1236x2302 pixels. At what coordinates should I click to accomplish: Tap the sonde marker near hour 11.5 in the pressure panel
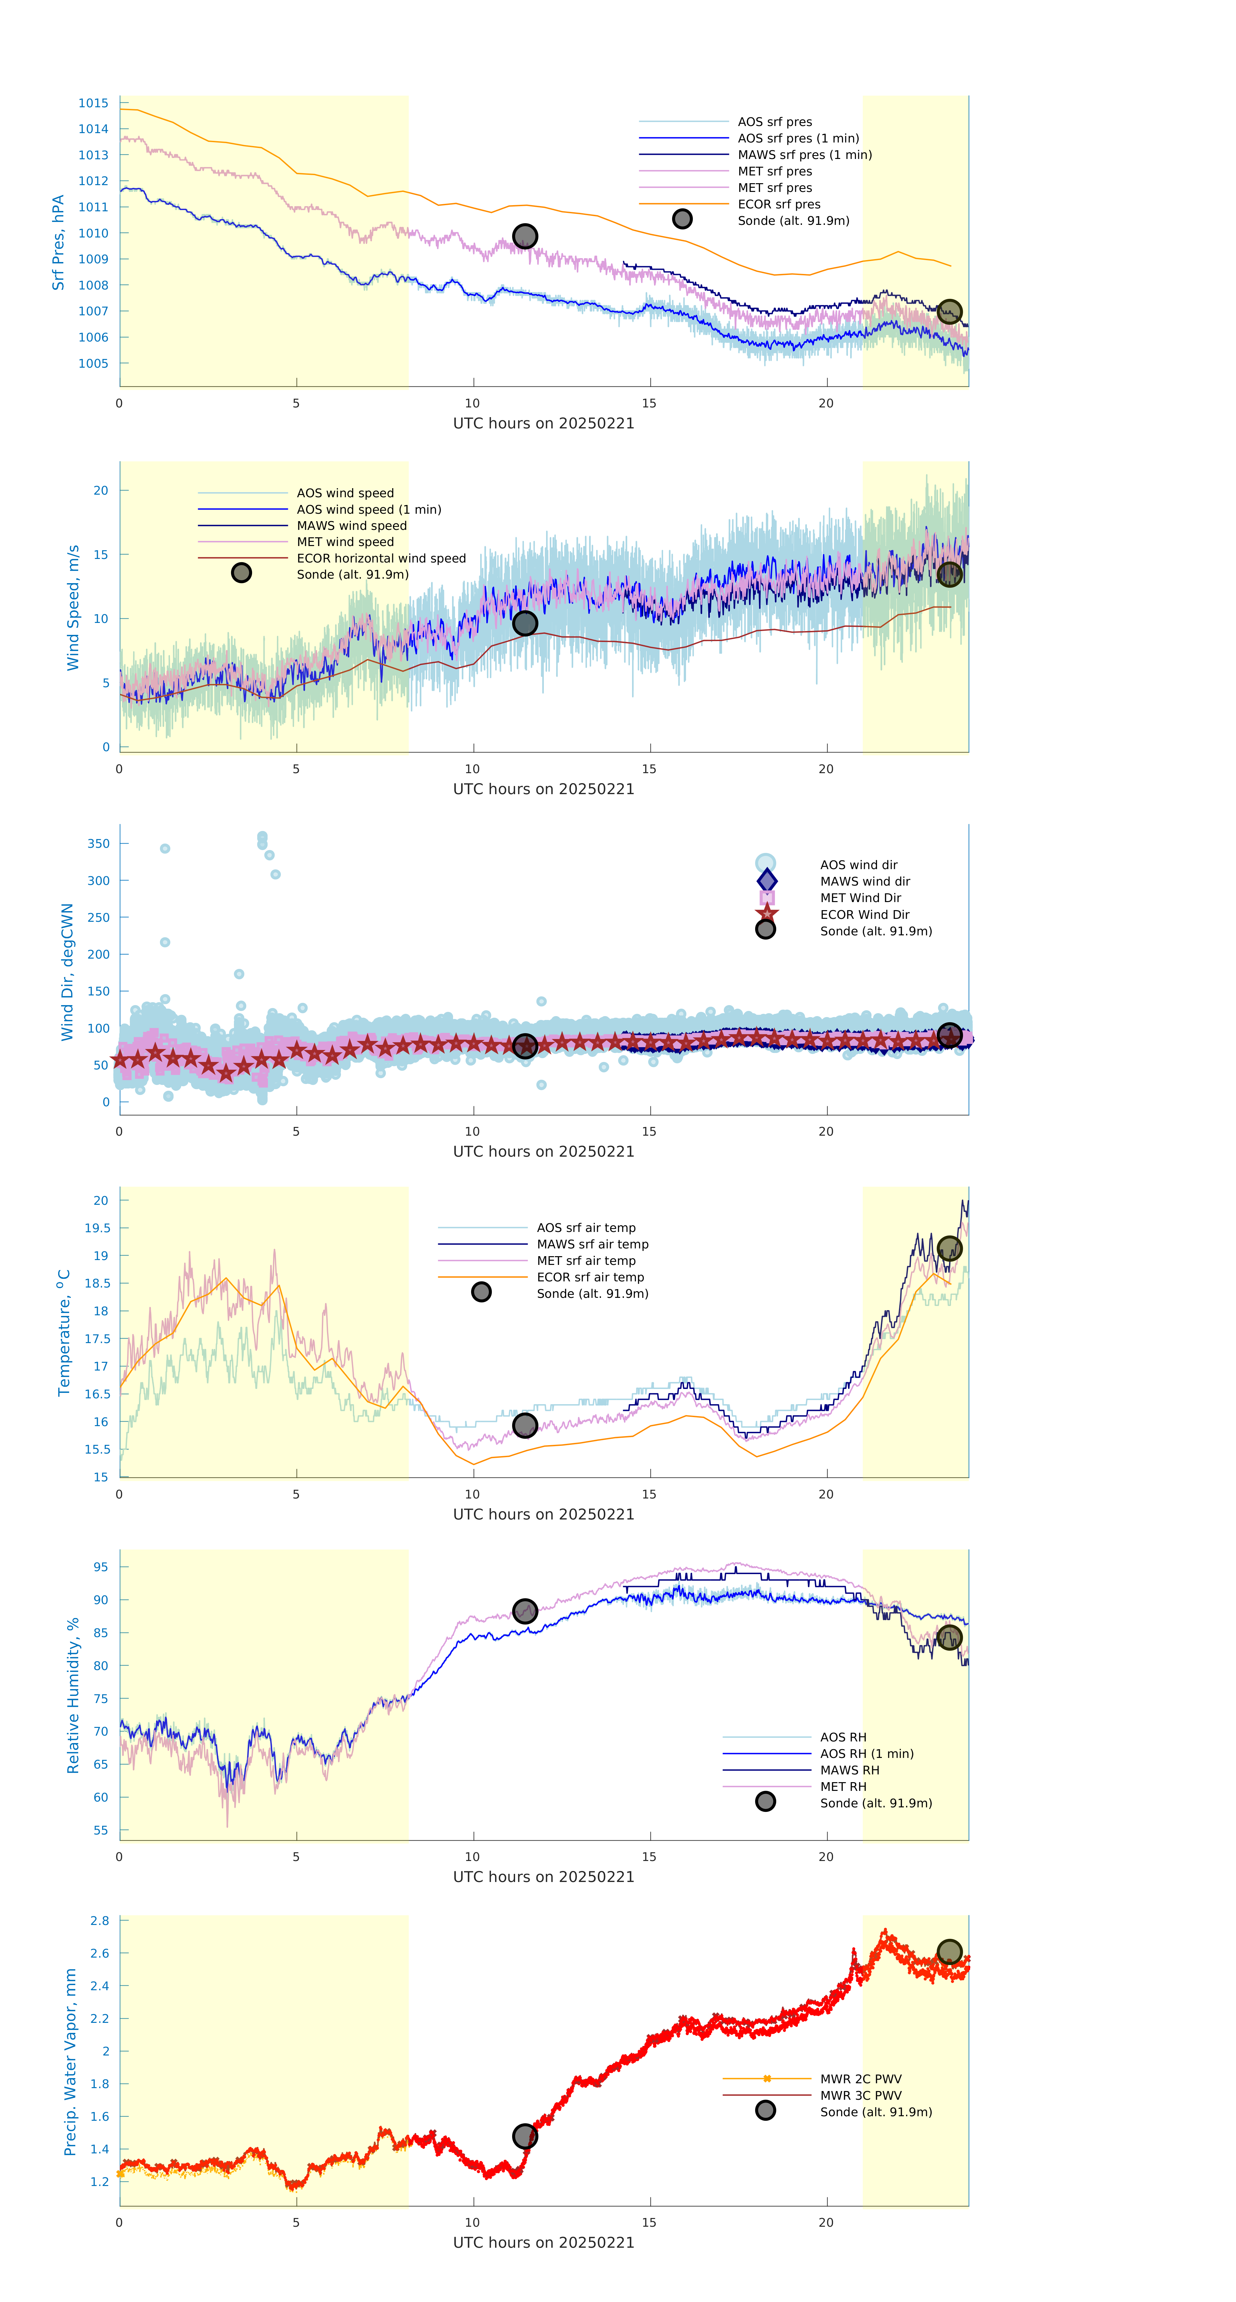click(x=524, y=236)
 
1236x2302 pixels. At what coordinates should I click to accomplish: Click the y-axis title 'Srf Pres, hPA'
click(x=58, y=242)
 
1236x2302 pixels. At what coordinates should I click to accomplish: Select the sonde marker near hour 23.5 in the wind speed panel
click(x=949, y=574)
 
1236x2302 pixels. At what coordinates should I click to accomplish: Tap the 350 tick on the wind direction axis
click(x=98, y=844)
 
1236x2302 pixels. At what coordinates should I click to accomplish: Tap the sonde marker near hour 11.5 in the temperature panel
click(x=524, y=1425)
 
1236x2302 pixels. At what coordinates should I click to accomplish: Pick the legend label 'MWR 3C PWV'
click(x=861, y=2096)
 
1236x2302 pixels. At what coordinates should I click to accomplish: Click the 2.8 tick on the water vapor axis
click(x=99, y=1920)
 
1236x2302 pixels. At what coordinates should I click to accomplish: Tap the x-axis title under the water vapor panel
click(x=544, y=2243)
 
